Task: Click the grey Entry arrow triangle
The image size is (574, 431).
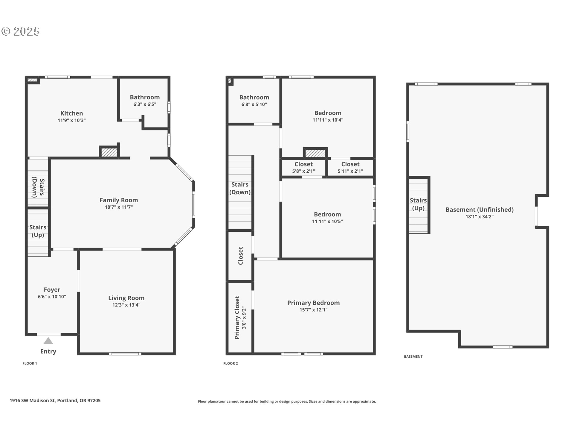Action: (48, 341)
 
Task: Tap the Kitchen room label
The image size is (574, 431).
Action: (72, 113)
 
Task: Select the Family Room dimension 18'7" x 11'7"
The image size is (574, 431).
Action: (119, 207)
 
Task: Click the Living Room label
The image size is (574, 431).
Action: (126, 298)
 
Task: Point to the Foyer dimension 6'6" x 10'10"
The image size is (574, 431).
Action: (52, 297)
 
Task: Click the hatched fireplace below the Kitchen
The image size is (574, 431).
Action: (109, 152)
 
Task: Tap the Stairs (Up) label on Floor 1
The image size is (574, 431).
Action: (38, 231)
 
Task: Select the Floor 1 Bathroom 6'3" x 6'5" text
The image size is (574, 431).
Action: (145, 104)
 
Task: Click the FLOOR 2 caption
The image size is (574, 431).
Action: (230, 363)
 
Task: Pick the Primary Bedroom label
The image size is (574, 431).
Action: (314, 303)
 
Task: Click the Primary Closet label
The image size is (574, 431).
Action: (237, 318)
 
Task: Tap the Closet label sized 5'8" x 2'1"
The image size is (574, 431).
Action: (303, 164)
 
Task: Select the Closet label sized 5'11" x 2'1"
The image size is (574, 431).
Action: (350, 164)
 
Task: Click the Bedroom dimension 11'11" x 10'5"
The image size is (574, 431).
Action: (327, 221)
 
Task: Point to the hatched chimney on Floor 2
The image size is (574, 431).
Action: (315, 153)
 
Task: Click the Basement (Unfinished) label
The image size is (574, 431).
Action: (480, 210)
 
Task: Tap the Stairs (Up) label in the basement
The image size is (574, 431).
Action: (418, 204)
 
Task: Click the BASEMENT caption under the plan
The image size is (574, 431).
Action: (413, 356)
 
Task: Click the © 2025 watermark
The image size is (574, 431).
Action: (20, 31)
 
